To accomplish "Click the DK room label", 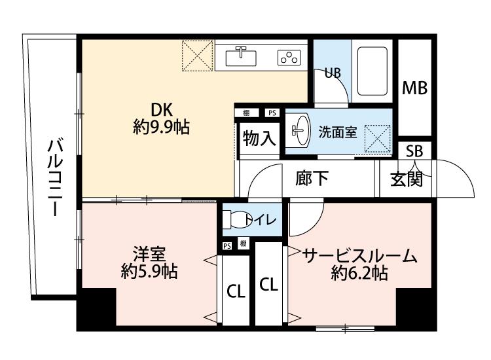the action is [162, 110].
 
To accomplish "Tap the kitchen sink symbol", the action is [241, 56].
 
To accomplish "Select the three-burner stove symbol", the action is [289, 58].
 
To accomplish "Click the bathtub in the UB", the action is [373, 71].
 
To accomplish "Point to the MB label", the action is [414, 88].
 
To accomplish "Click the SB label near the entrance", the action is [414, 151].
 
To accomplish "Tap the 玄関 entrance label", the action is [407, 179].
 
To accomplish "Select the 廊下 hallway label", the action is [312, 178].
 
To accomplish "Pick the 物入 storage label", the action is [259, 138].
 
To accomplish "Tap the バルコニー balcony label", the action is [55, 179].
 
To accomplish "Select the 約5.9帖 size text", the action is [149, 272].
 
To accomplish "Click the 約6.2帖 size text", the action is [359, 273].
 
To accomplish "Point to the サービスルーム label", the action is [359, 256].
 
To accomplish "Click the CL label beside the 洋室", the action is [236, 292].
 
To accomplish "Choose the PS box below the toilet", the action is [227, 246].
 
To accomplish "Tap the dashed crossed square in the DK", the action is [198, 56].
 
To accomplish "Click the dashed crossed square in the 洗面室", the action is [378, 139].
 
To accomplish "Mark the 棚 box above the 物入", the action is [246, 113].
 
